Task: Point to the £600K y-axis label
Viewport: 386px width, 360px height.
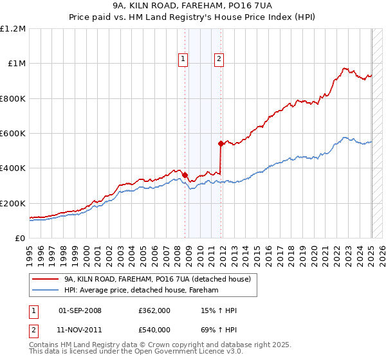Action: tap(13, 133)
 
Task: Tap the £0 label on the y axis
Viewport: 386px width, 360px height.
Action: tap(21, 238)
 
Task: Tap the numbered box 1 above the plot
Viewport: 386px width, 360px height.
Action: tap(183, 59)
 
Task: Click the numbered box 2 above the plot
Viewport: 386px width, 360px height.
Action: tap(219, 59)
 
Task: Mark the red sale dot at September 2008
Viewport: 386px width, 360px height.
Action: tap(185, 174)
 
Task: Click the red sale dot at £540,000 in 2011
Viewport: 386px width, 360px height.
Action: tap(221, 143)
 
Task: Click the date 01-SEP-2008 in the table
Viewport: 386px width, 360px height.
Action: tap(80, 310)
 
